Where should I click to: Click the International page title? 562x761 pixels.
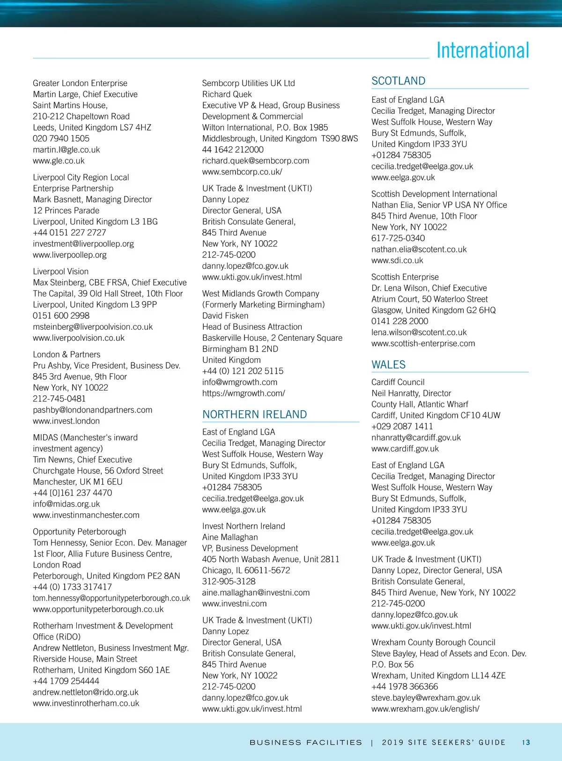[x=482, y=51]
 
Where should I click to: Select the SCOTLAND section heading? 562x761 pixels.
[x=399, y=81]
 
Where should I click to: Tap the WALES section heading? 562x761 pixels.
[x=388, y=365]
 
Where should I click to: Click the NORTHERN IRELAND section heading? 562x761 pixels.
[x=254, y=414]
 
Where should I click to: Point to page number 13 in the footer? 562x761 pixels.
[x=526, y=742]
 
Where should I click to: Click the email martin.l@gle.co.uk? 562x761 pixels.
[x=67, y=150]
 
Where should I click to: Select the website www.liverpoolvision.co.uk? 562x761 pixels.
[x=79, y=338]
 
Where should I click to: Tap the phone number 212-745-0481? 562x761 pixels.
[x=59, y=399]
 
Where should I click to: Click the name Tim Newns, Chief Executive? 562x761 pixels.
[x=82, y=460]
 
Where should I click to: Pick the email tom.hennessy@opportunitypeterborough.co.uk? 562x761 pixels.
[x=111, y=598]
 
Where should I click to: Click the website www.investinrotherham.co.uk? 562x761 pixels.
[x=86, y=703]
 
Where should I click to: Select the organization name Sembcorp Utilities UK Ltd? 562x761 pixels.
[x=248, y=83]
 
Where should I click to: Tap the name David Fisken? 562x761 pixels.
[x=225, y=316]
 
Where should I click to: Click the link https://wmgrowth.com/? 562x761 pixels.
[x=244, y=393]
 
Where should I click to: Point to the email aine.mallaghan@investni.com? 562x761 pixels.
[x=256, y=593]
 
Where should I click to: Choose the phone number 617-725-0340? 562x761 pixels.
[x=398, y=238]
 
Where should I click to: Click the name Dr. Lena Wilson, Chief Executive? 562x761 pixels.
[x=429, y=288]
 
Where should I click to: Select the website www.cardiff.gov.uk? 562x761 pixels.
[x=405, y=449]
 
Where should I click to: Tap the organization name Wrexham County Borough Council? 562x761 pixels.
[x=433, y=643]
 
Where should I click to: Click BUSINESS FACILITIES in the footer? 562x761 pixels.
[x=306, y=742]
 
